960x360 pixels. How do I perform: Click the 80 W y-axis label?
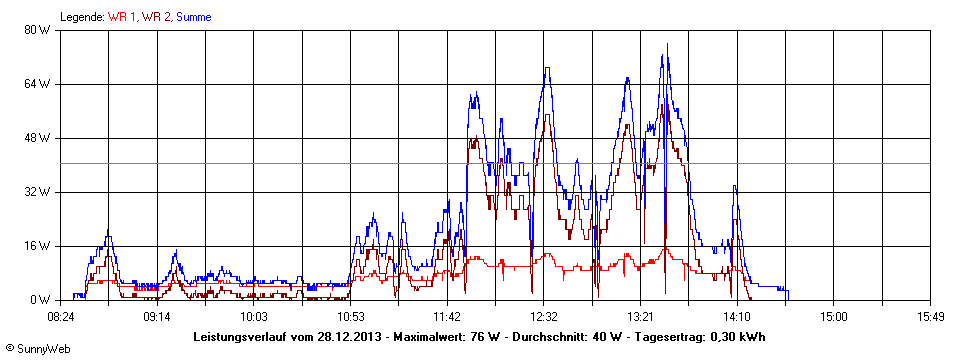click(37, 30)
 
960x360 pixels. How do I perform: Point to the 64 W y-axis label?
click(37, 84)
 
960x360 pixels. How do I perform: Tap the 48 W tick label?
click(37, 138)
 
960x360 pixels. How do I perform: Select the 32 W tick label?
click(37, 192)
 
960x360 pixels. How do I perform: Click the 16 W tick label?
click(37, 246)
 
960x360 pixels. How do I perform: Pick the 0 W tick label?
click(40, 300)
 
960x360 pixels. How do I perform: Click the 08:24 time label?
click(61, 317)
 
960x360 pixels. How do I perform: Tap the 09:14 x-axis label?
click(157, 317)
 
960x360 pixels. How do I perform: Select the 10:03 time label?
click(254, 317)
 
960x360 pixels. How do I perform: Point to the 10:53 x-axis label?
click(351, 317)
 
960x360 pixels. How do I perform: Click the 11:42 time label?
click(447, 317)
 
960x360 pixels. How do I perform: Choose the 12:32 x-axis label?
click(544, 317)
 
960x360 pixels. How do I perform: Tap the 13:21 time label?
click(640, 317)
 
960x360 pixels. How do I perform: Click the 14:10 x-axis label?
click(737, 317)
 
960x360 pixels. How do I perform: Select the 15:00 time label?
click(834, 317)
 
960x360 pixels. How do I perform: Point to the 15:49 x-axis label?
click(930, 317)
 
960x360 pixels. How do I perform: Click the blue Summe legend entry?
click(193, 17)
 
